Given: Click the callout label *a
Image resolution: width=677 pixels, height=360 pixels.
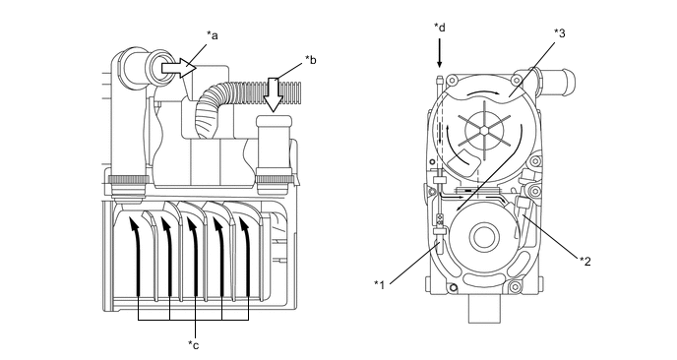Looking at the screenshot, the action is pyautogui.click(x=212, y=35).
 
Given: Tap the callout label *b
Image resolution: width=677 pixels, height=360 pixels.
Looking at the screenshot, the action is pyautogui.click(x=310, y=60).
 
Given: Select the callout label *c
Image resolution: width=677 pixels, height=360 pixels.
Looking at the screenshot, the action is pyautogui.click(x=194, y=345).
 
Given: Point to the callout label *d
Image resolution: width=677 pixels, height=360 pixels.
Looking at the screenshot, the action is pyautogui.click(x=440, y=28).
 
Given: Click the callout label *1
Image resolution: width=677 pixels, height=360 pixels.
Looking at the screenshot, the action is pyautogui.click(x=380, y=284).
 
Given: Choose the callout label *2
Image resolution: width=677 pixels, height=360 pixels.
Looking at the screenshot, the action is pyautogui.click(x=585, y=262).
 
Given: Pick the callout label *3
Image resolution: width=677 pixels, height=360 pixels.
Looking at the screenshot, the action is pyautogui.click(x=560, y=33).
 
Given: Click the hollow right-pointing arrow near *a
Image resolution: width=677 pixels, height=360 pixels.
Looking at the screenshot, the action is pyautogui.click(x=179, y=68).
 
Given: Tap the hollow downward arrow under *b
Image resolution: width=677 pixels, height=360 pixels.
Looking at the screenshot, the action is pyautogui.click(x=273, y=95).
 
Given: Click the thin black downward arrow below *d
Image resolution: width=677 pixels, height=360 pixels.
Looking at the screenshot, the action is pyautogui.click(x=440, y=53).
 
